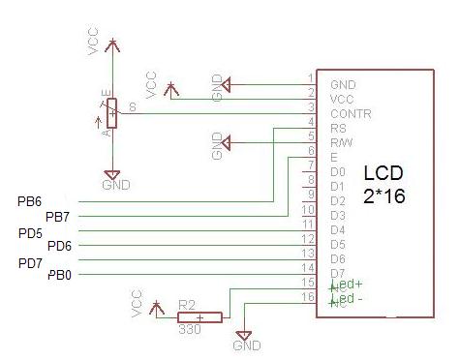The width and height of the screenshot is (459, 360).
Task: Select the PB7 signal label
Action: tap(58, 216)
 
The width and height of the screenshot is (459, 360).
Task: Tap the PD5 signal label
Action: tap(29, 232)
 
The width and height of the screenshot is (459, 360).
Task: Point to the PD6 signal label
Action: tap(59, 246)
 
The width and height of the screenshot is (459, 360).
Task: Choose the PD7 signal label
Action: tap(29, 262)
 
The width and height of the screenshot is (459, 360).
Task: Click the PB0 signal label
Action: tap(59, 276)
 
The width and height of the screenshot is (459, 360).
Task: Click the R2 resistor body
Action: tap(199, 316)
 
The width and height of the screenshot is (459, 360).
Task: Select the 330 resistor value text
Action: tap(190, 330)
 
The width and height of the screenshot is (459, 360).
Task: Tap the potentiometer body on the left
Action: tap(112, 112)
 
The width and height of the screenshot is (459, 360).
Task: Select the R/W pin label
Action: tap(340, 142)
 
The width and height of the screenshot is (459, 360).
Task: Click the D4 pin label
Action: tap(337, 229)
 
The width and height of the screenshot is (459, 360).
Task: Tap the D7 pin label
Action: tap(337, 273)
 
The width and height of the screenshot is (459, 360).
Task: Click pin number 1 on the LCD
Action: tap(310, 77)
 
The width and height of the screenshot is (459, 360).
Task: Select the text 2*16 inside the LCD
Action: tap(383, 195)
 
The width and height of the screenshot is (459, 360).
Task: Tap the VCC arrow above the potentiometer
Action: tap(113, 44)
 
